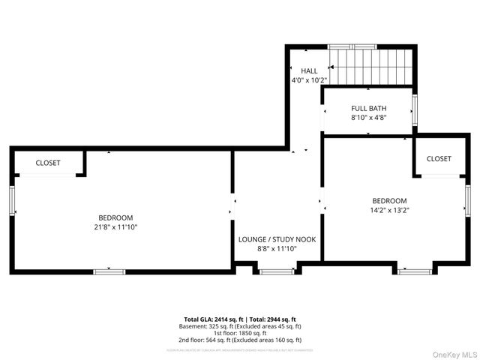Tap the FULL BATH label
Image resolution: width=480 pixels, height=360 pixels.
[x=368, y=108]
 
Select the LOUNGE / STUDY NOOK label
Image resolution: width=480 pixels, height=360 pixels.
[x=277, y=240]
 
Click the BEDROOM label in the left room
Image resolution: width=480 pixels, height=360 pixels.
[x=115, y=217]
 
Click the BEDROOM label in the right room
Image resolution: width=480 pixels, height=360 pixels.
[x=389, y=200]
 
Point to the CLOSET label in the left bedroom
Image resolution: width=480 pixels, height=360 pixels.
[x=48, y=163]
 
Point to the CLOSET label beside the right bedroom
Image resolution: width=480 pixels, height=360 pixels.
[x=439, y=158]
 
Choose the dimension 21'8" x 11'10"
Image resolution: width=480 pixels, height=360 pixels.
[x=115, y=226]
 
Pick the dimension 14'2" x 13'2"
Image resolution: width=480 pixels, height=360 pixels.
[x=389, y=210]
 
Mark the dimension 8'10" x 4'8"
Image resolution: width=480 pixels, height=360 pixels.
[x=368, y=117]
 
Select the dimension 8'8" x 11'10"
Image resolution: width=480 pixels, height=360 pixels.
[x=277, y=249]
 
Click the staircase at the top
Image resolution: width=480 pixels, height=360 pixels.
[x=373, y=67]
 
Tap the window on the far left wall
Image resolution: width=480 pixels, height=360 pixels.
[x=12, y=201]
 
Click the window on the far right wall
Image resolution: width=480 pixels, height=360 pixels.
[x=466, y=200]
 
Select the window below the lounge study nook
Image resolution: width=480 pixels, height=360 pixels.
[x=277, y=271]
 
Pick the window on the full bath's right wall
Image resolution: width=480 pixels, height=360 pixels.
[x=415, y=111]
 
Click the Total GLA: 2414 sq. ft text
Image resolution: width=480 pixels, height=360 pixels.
[x=211, y=319]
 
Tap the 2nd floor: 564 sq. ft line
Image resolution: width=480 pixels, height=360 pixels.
[x=240, y=340]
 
